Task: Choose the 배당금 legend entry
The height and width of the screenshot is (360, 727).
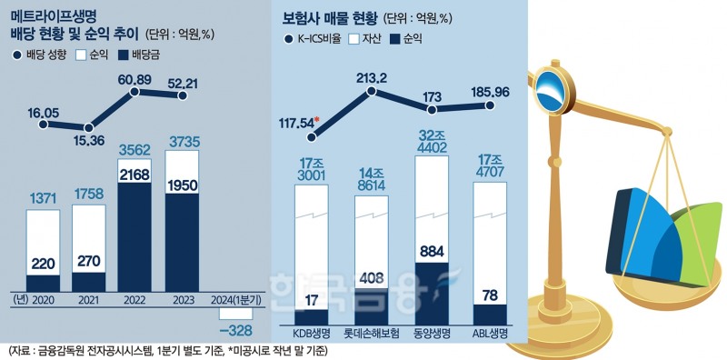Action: (145, 55)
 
